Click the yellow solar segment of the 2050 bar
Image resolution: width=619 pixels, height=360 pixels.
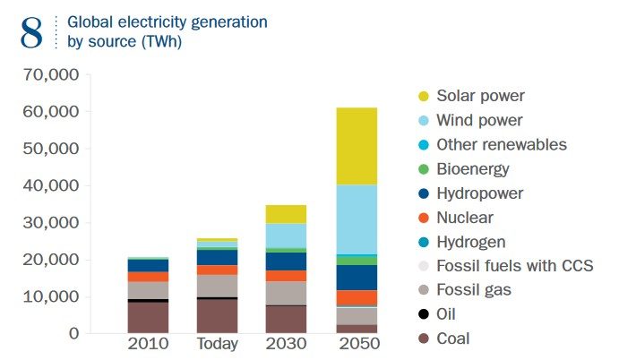point(357,146)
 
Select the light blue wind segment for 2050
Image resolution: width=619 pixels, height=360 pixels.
point(357,219)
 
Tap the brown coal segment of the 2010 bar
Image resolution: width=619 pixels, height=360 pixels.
point(148,318)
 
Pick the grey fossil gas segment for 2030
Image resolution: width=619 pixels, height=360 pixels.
point(287,293)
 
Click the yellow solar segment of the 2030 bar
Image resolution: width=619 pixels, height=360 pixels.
point(287,214)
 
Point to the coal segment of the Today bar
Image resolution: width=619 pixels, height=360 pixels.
point(218,316)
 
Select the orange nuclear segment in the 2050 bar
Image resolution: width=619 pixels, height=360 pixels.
point(357,297)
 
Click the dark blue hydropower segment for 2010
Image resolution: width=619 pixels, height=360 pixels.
point(148,265)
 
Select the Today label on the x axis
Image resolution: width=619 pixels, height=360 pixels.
point(218,345)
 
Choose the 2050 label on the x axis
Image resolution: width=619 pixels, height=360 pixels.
point(357,345)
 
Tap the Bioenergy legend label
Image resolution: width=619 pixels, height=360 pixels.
point(473,168)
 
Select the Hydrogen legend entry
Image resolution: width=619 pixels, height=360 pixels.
point(471,242)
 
